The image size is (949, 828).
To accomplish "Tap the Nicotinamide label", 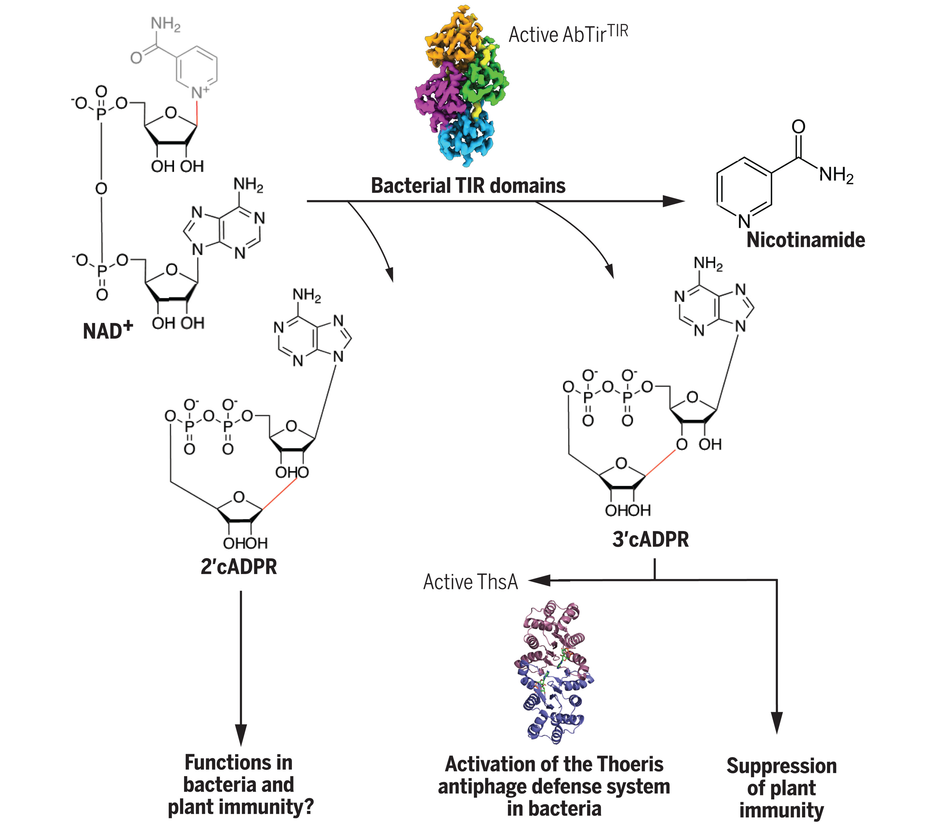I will [805, 240].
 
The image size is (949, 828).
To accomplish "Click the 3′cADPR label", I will [650, 539].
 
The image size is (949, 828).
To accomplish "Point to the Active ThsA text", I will [471, 582].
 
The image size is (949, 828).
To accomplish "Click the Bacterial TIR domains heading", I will [468, 186].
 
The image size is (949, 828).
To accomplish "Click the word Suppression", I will [781, 766].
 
